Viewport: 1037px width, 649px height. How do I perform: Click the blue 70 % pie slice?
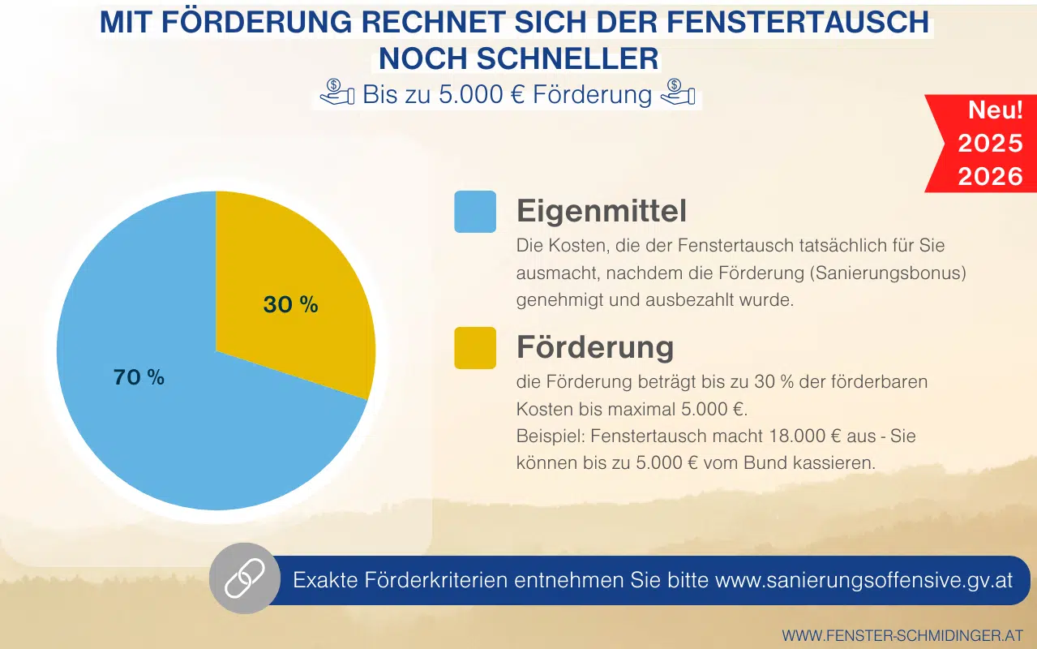[178, 422]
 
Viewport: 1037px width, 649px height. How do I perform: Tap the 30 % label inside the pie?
[290, 304]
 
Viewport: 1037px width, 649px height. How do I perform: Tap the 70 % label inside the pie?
[139, 376]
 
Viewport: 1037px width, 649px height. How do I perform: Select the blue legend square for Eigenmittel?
[475, 212]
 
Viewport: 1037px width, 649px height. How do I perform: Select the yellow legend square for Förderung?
[475, 348]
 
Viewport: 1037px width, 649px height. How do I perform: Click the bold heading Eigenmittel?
[601, 211]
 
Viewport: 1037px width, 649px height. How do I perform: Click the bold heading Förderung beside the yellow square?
[595, 347]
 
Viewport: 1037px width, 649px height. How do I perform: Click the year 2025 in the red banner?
[990, 144]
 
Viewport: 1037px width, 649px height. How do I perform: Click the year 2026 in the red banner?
[990, 176]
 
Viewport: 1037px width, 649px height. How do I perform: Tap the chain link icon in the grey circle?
[238, 579]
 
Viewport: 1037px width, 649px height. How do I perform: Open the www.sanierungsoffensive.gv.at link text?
[863, 580]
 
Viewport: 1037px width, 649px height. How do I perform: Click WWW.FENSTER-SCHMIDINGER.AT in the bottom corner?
[902, 635]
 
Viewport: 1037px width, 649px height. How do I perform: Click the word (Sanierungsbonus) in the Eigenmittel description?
[887, 273]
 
